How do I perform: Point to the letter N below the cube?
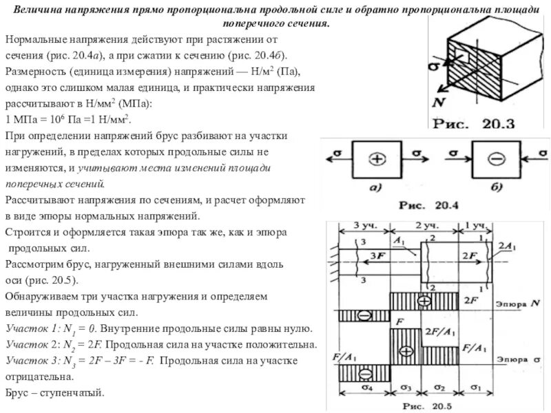coord(437,101)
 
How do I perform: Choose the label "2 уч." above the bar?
coord(428,226)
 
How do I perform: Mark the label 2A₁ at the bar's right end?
coord(508,246)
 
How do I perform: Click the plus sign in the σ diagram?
coord(406,351)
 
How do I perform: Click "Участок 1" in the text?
coord(28,330)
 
